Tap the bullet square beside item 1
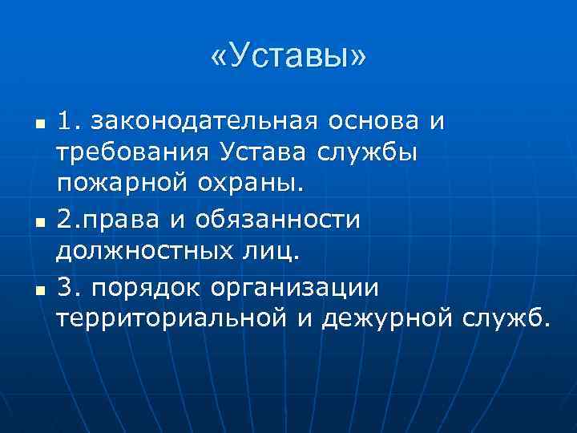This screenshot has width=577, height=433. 38,123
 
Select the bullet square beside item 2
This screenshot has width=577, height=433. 38,220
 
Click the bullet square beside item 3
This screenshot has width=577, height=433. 38,288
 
